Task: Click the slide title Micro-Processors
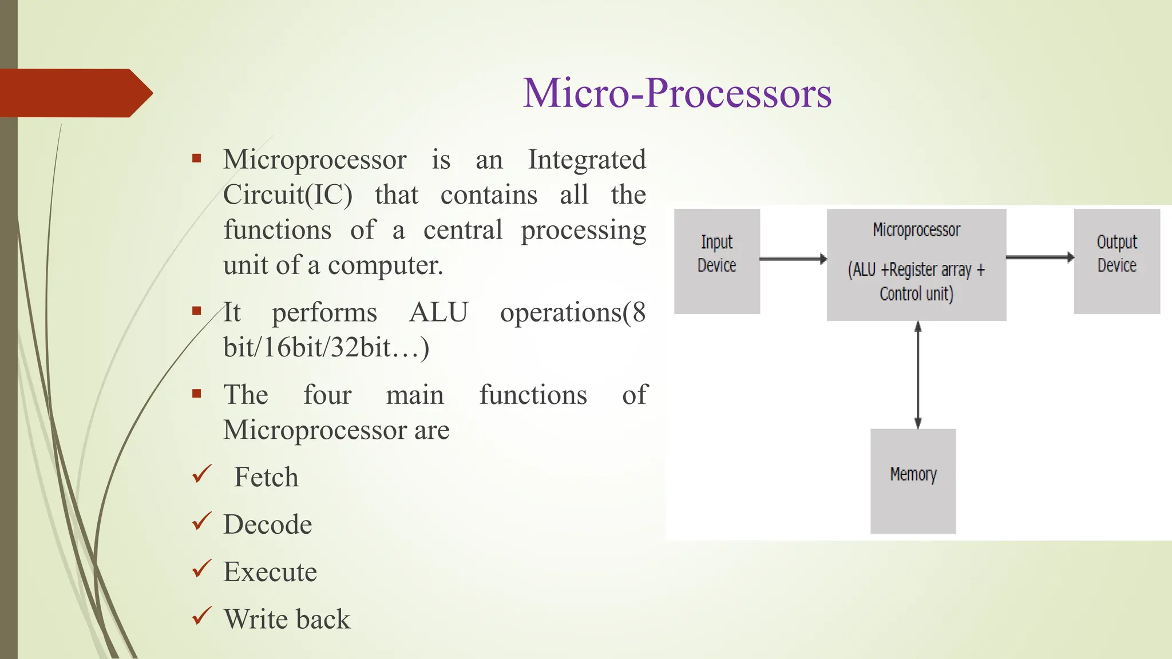[677, 93]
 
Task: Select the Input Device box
[716, 261]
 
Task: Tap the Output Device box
[1116, 261]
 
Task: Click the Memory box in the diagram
[913, 481]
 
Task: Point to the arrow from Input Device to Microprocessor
[793, 259]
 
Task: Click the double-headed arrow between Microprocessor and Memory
[918, 375]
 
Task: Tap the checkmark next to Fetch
[202, 474]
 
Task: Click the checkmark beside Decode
[202, 521]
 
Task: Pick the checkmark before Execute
[202, 569]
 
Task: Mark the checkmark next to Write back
[202, 616]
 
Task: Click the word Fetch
[266, 477]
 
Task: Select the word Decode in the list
[268, 525]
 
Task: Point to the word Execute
[270, 572]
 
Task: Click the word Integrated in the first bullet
[587, 160]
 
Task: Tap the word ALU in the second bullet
[438, 312]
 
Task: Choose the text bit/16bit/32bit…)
[326, 348]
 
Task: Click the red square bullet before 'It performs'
[197, 311]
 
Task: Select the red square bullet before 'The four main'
[197, 394]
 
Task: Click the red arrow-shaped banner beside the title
[74, 93]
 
